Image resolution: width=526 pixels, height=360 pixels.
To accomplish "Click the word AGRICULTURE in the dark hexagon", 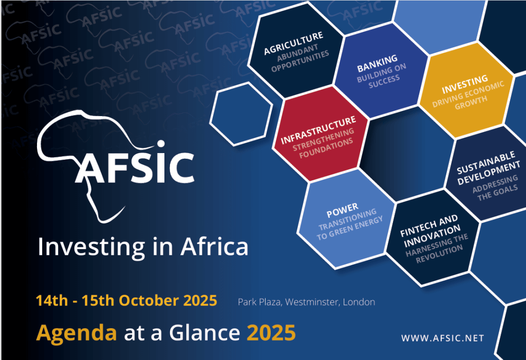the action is [293, 44].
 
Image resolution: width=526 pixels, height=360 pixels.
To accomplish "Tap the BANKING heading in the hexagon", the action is [377, 63].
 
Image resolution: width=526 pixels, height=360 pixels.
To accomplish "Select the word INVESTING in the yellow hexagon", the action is [464, 84].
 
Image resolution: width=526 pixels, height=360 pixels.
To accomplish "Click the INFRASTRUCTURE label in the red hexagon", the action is [318, 130].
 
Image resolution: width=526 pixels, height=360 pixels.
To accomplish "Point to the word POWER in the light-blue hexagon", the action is [342, 211].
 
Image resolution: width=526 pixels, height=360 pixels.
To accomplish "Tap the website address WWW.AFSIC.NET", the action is [442, 338].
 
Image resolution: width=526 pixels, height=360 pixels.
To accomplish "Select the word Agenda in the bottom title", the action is [77, 333].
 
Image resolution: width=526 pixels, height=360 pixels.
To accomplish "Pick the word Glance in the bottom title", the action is [204, 332].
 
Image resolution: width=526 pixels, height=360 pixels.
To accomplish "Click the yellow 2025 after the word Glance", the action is [271, 333].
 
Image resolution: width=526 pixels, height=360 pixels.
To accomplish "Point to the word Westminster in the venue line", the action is [312, 302].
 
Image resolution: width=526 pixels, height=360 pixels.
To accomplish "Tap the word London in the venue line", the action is [359, 302].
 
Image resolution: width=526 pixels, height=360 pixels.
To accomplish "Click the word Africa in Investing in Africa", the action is [214, 247].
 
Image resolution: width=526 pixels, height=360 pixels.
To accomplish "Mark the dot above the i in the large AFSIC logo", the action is [161, 144].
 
